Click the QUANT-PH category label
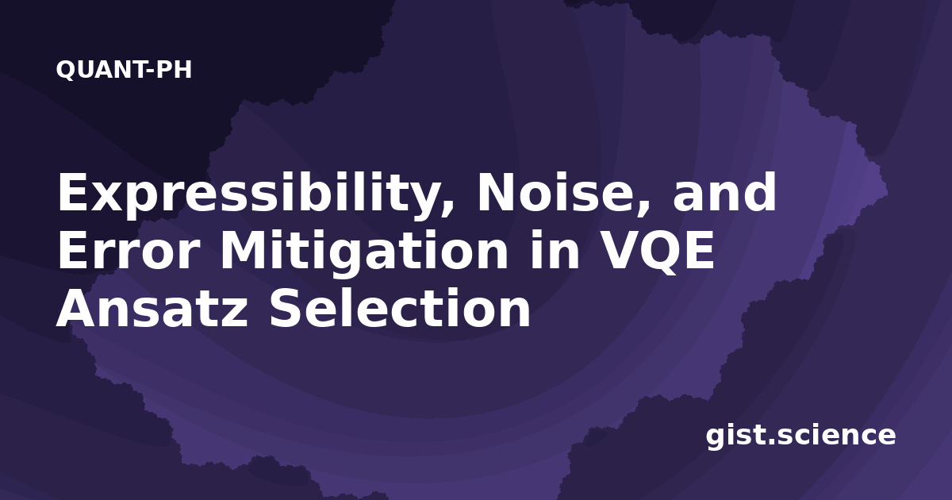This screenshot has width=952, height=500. point(124,70)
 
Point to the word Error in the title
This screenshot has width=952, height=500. point(129,251)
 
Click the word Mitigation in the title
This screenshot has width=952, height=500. point(364,252)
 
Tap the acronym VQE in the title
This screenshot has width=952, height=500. point(658,252)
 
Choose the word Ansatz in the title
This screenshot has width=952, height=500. point(152,307)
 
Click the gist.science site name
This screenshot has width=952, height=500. point(800,436)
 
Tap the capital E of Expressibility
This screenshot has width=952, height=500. point(73,192)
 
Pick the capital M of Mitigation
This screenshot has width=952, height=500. point(242,251)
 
